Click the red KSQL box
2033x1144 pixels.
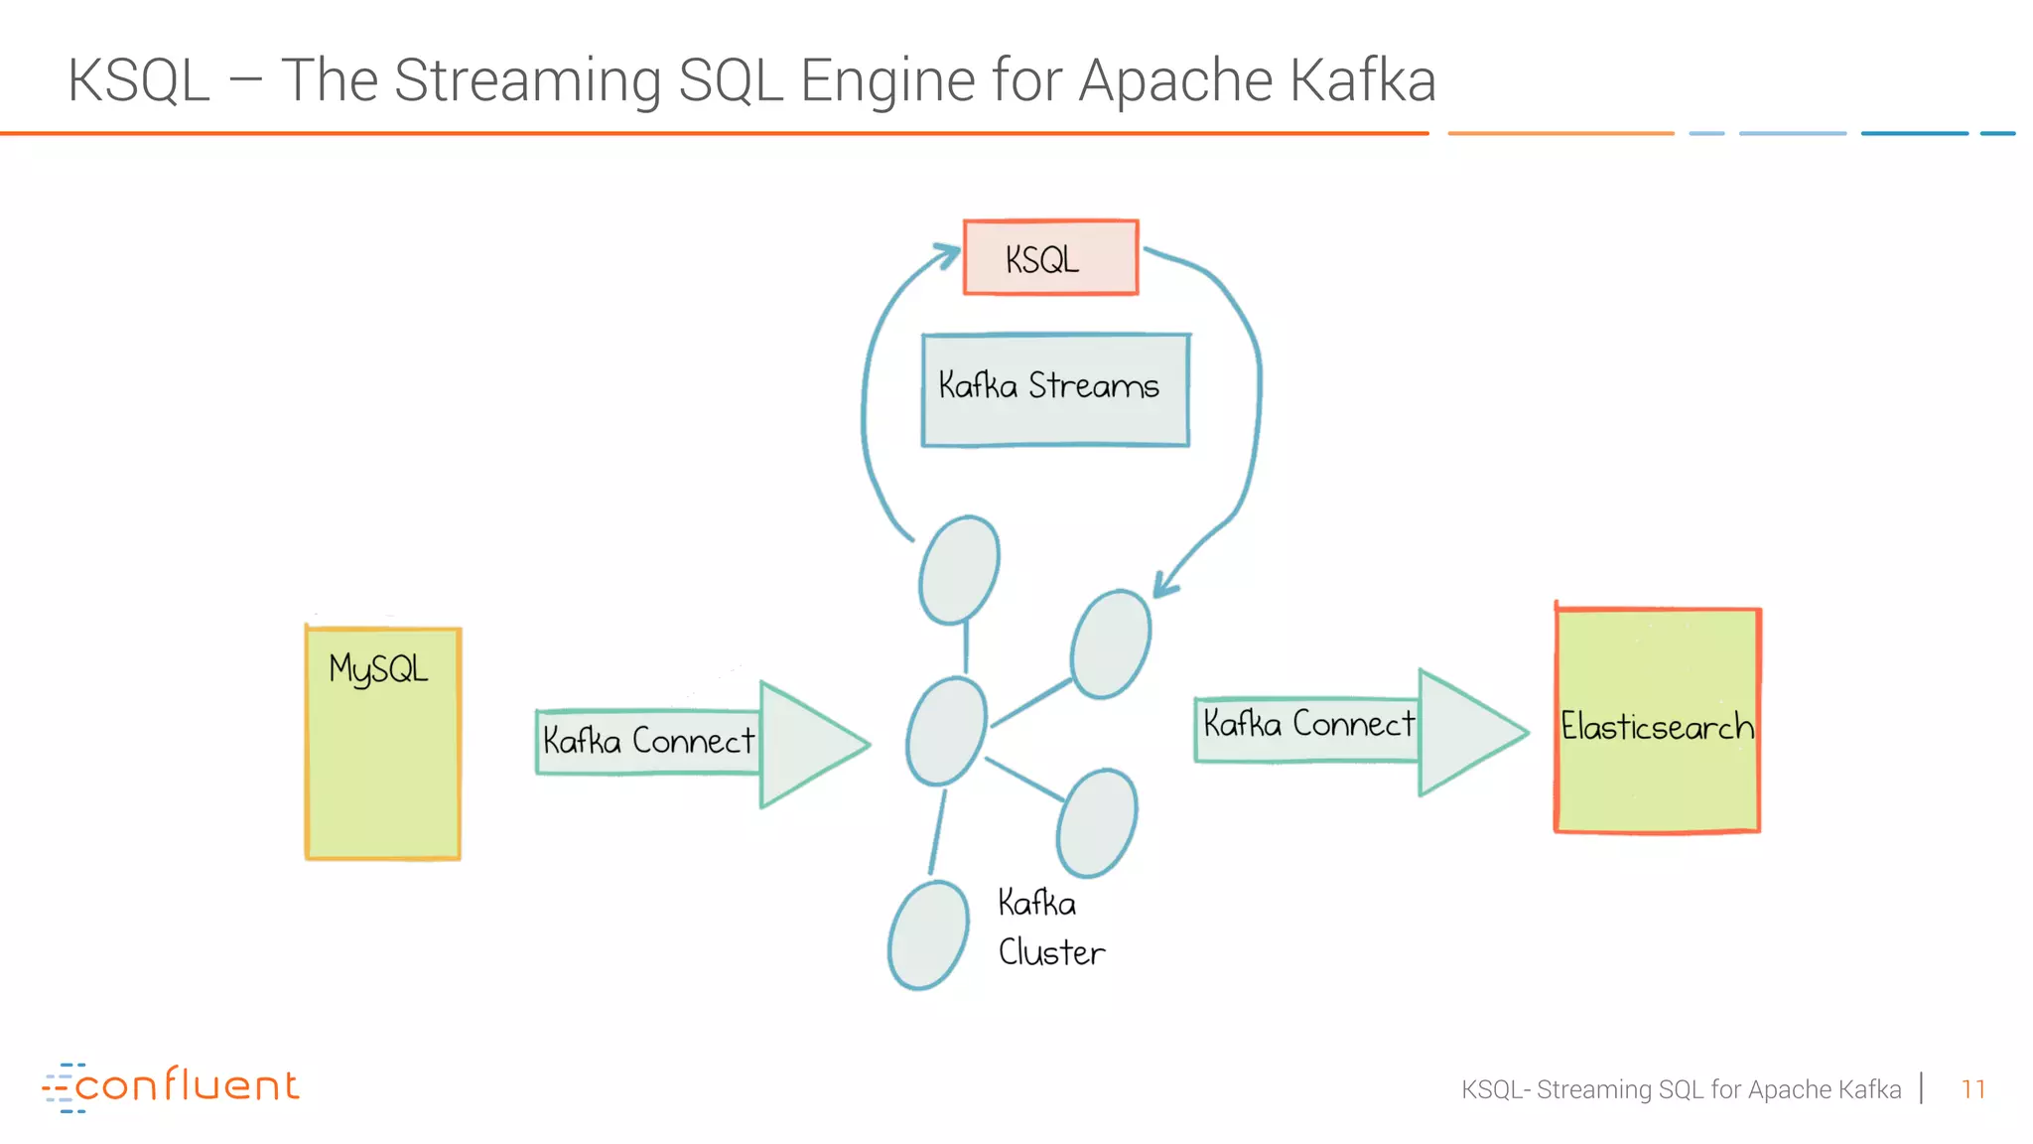click(1050, 258)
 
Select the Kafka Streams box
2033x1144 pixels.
click(1055, 389)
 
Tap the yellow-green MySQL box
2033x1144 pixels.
click(383, 743)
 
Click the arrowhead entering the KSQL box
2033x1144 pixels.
click(947, 254)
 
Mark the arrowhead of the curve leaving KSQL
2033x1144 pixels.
click(1165, 586)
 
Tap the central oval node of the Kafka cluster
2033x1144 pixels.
click(946, 732)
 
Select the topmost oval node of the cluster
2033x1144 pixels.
click(958, 570)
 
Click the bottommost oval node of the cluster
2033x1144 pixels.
click(928, 935)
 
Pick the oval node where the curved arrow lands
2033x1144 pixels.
click(1111, 643)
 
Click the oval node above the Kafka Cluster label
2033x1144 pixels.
click(1097, 823)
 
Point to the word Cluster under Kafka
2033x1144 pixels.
click(1051, 952)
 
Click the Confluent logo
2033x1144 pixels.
click(171, 1086)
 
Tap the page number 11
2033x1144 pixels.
click(1972, 1089)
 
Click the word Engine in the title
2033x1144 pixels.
click(888, 81)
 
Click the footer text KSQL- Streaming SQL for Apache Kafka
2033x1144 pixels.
click(1681, 1089)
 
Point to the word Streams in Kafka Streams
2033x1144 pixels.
click(1093, 385)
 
